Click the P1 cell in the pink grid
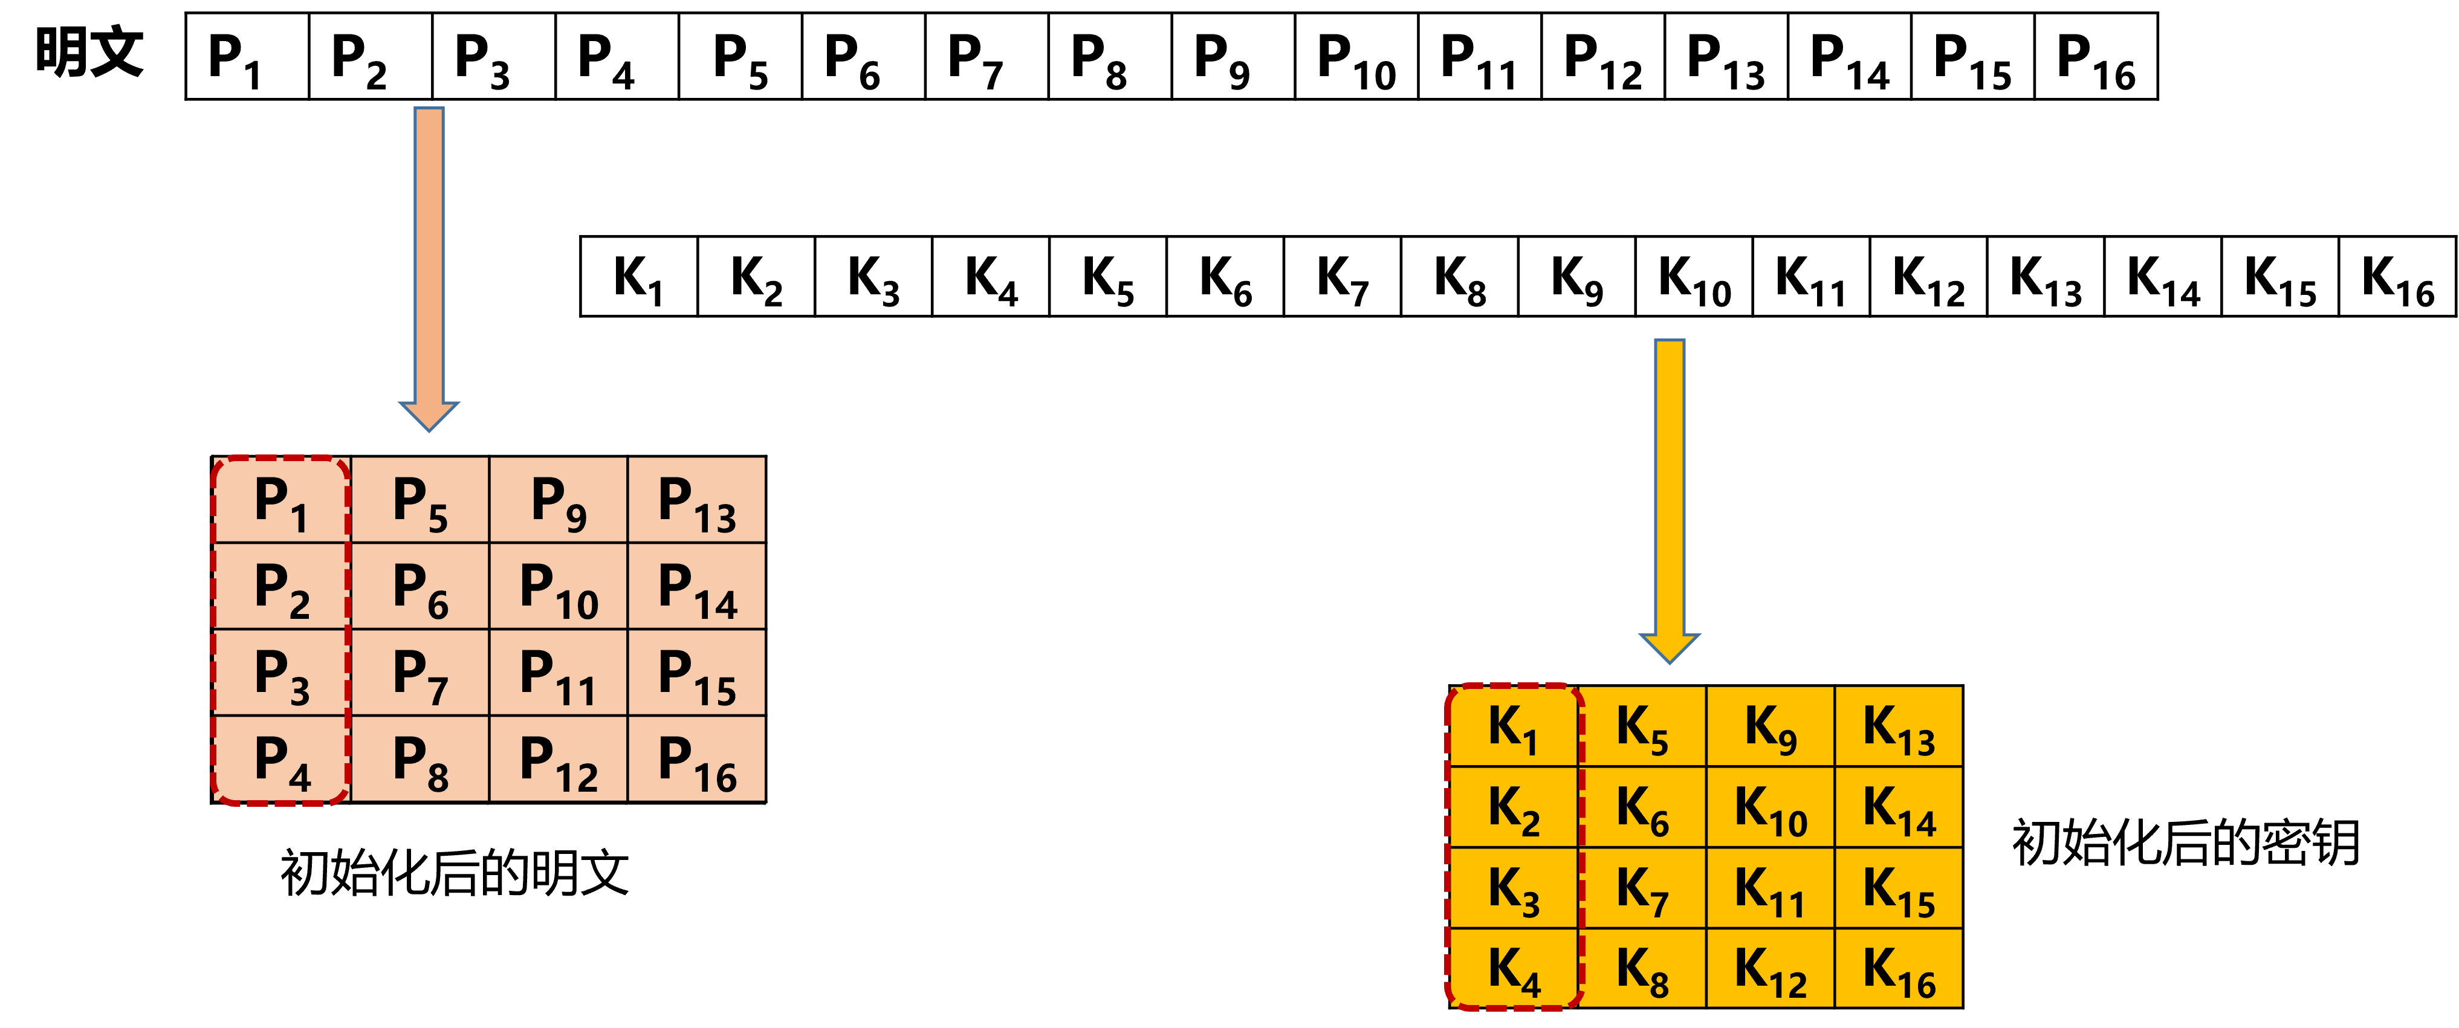(280, 500)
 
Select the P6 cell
(420, 586)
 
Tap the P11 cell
(559, 673)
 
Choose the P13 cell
(697, 500)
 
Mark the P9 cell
(559, 500)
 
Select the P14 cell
(697, 586)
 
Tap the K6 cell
(1642, 807)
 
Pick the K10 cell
(1771, 807)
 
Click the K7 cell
(1642, 888)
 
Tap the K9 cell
(1771, 726)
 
